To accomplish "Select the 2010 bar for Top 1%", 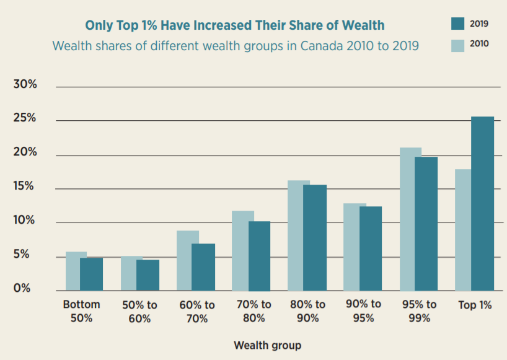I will coord(463,230).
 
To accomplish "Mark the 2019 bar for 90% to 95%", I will coord(371,248).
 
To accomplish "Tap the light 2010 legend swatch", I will coord(457,45).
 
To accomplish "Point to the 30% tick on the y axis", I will coord(25,85).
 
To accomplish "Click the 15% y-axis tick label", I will coord(25,187).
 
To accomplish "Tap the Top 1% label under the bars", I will coord(475,305).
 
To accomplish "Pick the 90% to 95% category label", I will coord(363,311).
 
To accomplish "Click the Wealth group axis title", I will coord(267,345).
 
